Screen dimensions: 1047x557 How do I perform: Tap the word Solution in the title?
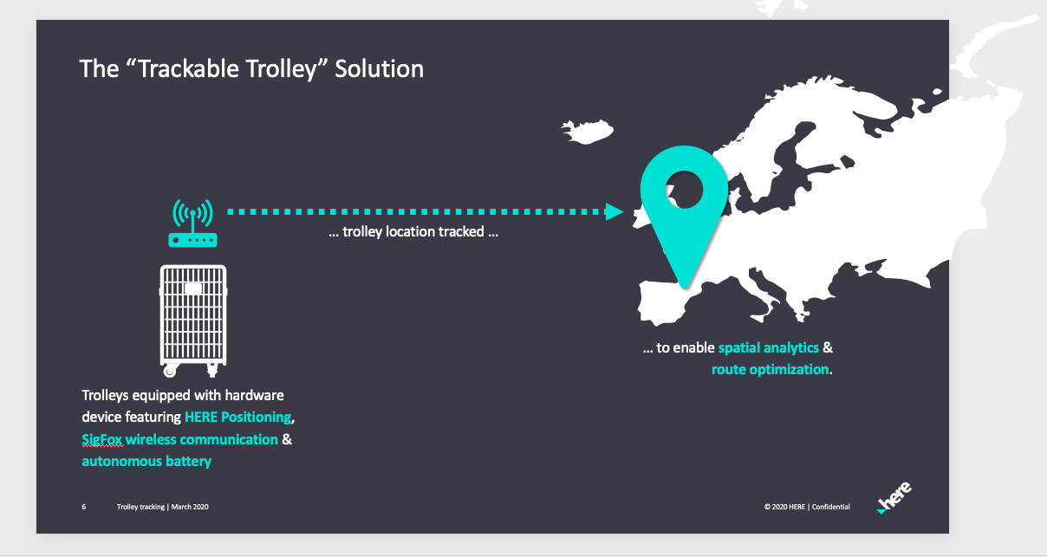point(379,68)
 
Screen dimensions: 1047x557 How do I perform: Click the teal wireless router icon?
point(192,223)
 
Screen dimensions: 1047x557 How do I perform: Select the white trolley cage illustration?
point(193,321)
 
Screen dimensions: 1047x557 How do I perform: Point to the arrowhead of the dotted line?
point(615,211)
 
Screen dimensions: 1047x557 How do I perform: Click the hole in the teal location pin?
point(685,189)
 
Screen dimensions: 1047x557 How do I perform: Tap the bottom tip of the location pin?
point(686,288)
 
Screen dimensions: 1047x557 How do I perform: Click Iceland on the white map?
point(588,131)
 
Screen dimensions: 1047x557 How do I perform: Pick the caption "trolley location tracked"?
point(413,232)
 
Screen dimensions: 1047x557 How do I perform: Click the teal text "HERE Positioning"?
point(237,417)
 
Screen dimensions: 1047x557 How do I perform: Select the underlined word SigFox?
point(102,439)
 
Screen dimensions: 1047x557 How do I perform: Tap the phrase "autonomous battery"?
point(146,461)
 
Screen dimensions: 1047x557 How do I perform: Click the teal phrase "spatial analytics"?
point(769,347)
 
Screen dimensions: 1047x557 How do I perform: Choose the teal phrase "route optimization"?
point(771,369)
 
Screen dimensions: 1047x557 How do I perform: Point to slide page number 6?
point(84,507)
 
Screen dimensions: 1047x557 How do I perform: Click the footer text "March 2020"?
point(190,507)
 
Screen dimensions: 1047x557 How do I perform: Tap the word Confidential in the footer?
point(830,507)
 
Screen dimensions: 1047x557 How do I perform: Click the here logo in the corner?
point(894,497)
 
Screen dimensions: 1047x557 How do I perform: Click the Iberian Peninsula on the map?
point(664,301)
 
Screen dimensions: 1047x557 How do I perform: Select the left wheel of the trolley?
point(169,372)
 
